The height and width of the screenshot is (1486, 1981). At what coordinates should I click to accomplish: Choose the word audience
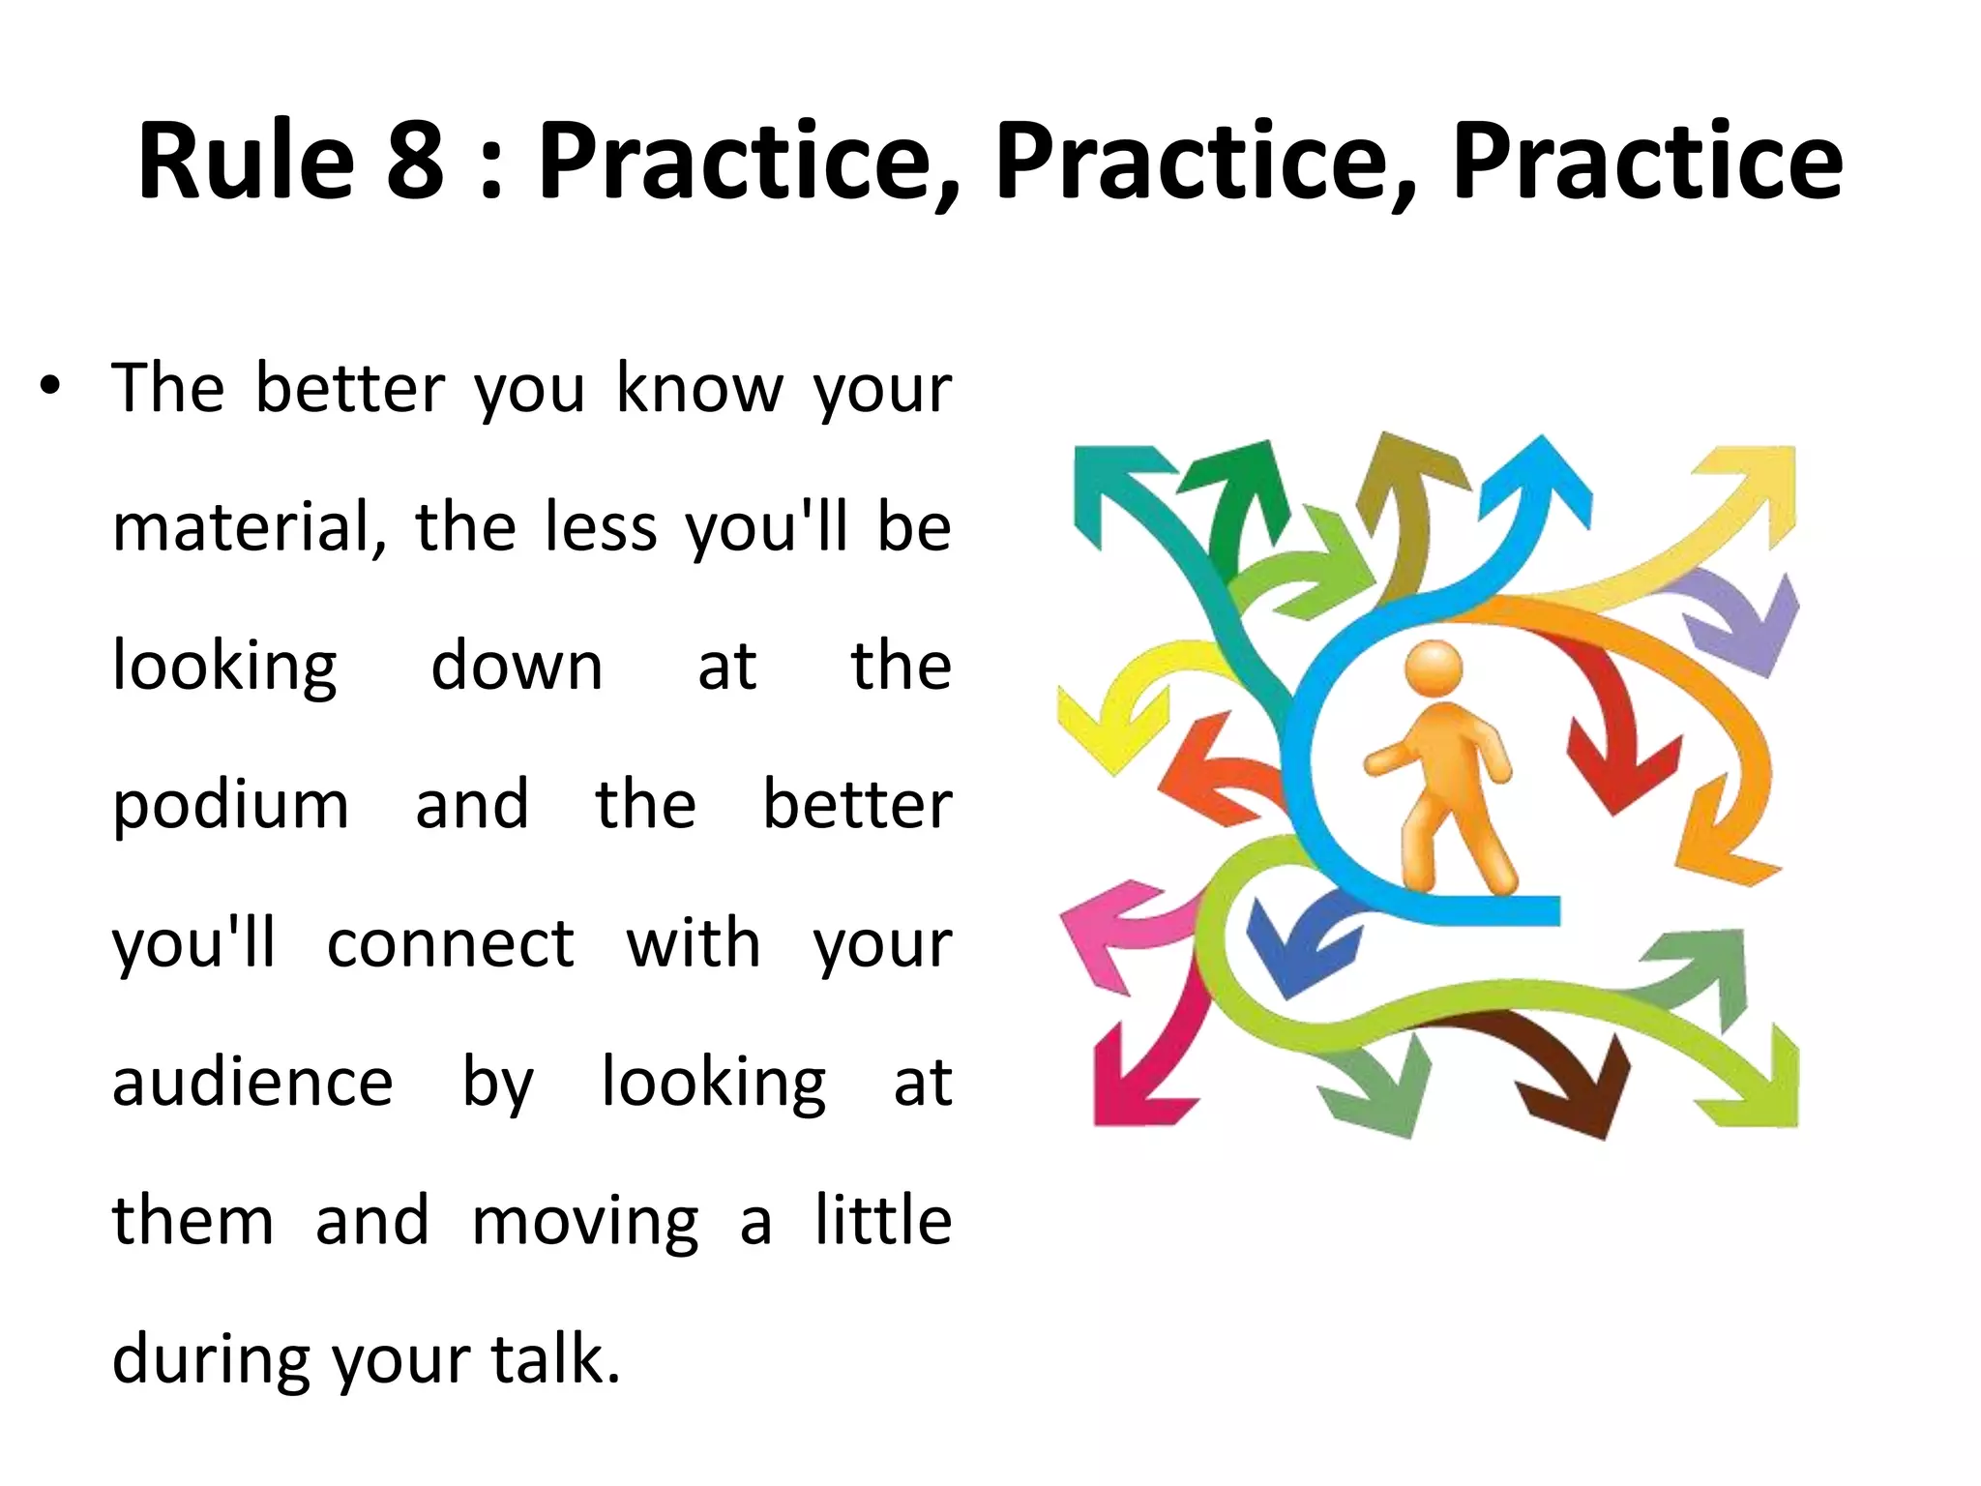252,1083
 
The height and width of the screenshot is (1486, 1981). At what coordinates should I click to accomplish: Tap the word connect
451,944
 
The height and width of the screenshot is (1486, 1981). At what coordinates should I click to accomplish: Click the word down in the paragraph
517,668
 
